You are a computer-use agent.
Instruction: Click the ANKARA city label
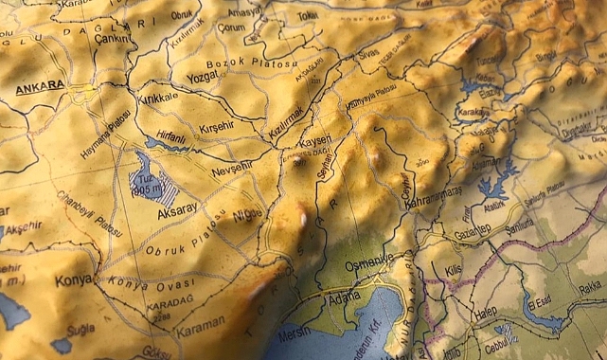point(40,84)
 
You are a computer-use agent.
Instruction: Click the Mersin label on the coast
point(299,333)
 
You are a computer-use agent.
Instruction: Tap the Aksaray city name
point(179,206)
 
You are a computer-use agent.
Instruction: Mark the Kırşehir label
point(223,128)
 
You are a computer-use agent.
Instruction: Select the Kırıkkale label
point(155,98)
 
